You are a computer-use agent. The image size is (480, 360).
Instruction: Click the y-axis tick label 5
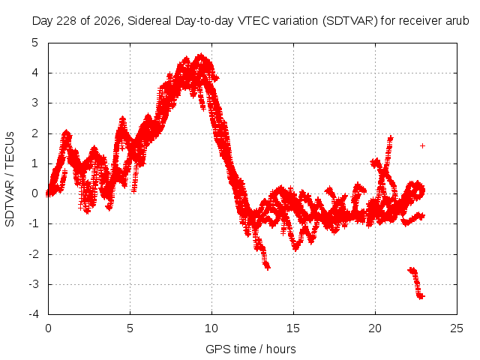[x=35, y=43]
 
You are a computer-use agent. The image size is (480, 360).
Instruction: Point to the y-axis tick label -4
[x=34, y=314]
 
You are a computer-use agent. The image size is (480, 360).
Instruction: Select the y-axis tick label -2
[x=34, y=253]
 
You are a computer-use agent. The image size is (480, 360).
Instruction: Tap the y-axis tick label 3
[x=35, y=103]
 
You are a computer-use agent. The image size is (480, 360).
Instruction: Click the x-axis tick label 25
[x=457, y=328]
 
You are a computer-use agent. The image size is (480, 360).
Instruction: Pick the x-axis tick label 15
[x=293, y=328]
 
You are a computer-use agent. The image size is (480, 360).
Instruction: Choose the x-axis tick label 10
[x=211, y=328]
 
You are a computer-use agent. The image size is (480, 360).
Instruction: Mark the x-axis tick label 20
[x=375, y=328]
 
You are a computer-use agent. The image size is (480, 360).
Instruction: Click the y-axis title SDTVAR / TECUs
[x=10, y=179]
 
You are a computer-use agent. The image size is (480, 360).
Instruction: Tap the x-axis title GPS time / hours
[x=250, y=349]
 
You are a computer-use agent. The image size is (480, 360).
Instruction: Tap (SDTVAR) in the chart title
[x=350, y=21]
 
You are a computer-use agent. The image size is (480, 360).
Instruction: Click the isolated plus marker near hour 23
[x=422, y=145]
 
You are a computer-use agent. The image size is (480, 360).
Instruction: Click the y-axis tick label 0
[x=35, y=193]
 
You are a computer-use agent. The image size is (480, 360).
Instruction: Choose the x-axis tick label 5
[x=130, y=328]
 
